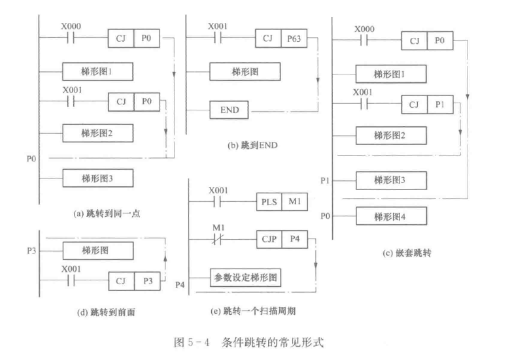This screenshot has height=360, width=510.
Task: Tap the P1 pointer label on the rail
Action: pyautogui.click(x=327, y=179)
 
